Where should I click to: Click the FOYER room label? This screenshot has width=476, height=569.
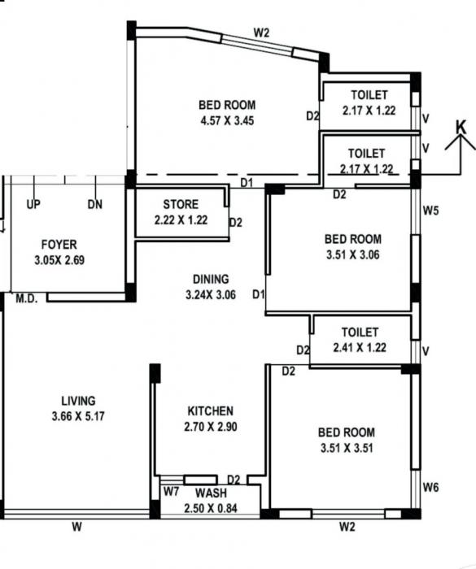click(x=59, y=245)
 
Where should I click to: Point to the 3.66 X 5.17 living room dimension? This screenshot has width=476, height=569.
click(x=78, y=415)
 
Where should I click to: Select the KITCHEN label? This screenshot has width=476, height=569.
click(x=210, y=411)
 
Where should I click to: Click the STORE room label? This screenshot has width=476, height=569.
click(x=180, y=204)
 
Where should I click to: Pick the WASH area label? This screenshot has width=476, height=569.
click(x=211, y=493)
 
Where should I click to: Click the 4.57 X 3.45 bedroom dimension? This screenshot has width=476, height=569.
click(x=227, y=120)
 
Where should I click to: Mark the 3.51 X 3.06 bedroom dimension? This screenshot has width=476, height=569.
click(x=352, y=254)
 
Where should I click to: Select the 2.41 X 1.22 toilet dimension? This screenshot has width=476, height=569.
click(x=360, y=347)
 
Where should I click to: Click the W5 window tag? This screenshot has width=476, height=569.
click(x=430, y=211)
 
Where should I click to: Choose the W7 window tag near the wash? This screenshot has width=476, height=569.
click(x=171, y=492)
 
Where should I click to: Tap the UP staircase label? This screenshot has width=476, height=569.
click(x=33, y=205)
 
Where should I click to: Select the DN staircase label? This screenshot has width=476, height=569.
click(x=95, y=205)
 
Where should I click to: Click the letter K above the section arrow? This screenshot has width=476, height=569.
click(x=461, y=127)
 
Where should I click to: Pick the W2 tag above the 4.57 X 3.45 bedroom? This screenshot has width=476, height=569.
click(x=261, y=33)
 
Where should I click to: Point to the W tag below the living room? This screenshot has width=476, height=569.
click(x=76, y=527)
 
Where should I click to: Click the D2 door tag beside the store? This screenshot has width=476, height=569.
click(x=236, y=222)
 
